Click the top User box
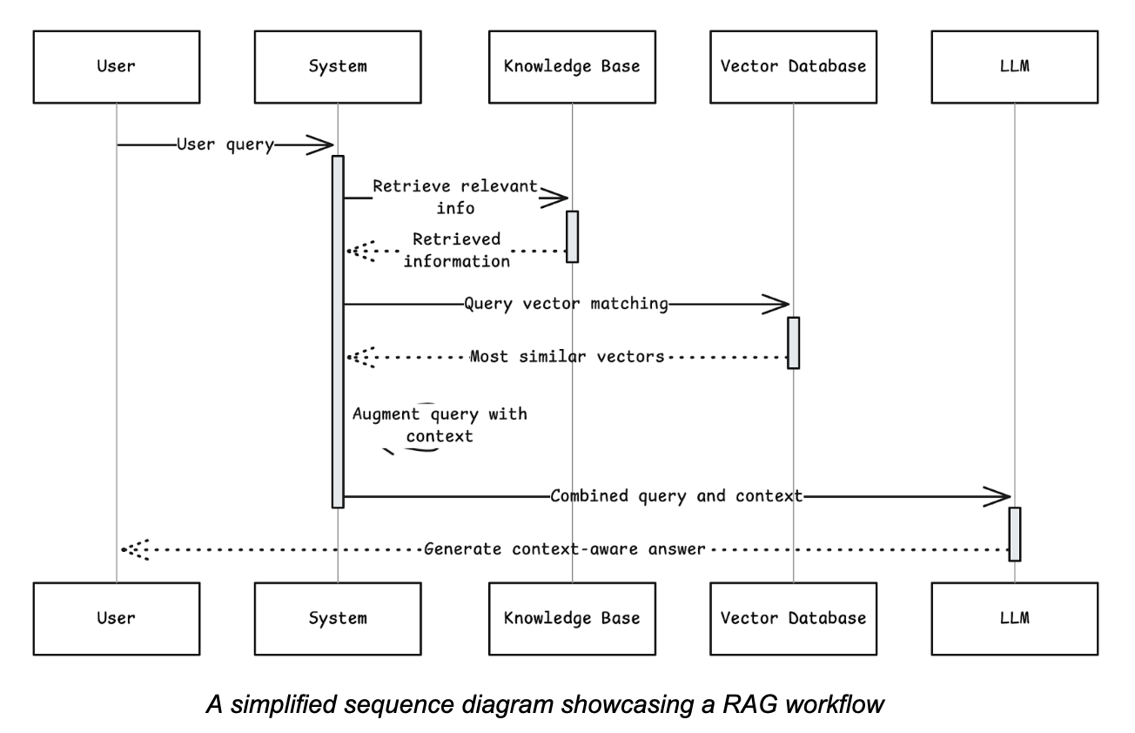point(116,65)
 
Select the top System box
point(337,65)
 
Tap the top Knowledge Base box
point(572,65)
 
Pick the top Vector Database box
point(793,65)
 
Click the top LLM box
point(1014,65)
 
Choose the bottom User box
point(116,618)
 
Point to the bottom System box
point(337,618)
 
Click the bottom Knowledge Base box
point(572,618)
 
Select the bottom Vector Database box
point(793,618)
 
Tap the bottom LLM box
point(1014,618)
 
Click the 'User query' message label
point(225,145)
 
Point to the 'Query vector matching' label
point(566,305)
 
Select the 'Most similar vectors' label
point(567,356)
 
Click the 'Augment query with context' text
point(440,425)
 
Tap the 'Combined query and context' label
point(675,496)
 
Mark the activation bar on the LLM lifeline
point(1014,534)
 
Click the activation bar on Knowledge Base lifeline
point(572,236)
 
